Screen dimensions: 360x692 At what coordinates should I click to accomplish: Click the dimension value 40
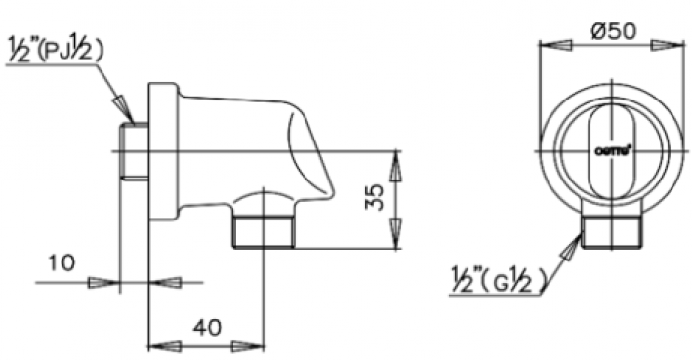click(206, 329)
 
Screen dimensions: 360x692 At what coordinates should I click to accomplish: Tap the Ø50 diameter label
click(614, 29)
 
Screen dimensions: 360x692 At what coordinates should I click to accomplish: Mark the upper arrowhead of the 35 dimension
click(396, 166)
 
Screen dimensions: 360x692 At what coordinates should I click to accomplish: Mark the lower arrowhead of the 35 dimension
click(396, 235)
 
